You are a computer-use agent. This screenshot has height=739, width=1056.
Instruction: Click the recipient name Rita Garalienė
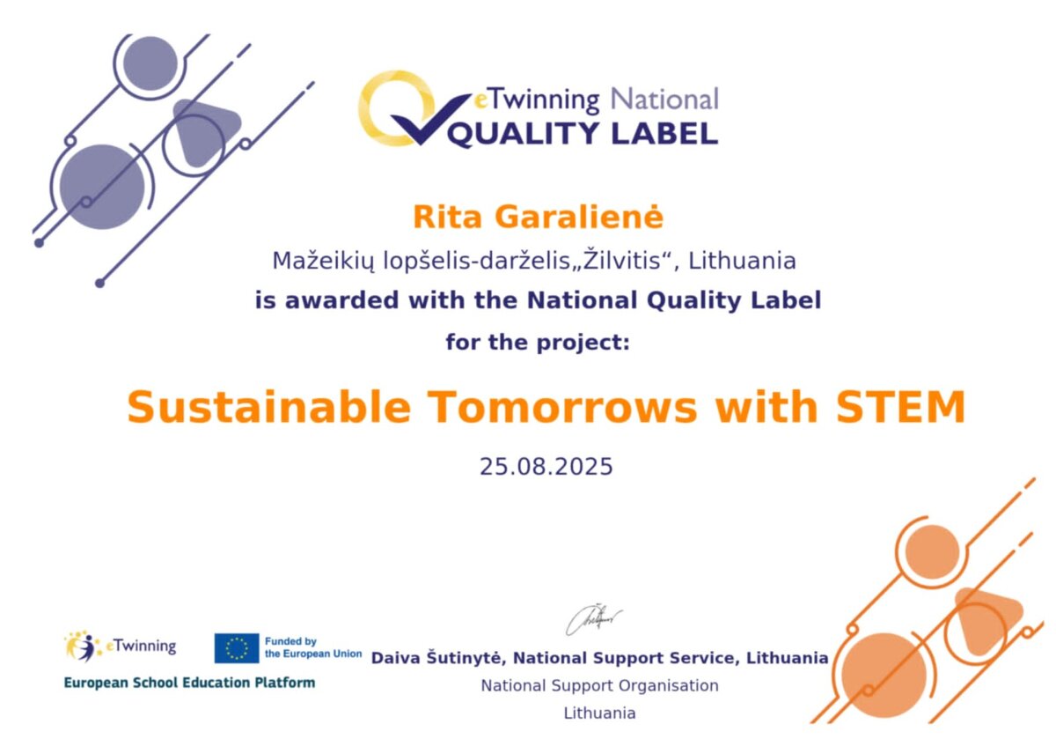tap(538, 217)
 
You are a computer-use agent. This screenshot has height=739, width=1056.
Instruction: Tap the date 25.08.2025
tap(546, 466)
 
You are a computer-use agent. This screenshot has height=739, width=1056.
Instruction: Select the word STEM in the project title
tap(900, 407)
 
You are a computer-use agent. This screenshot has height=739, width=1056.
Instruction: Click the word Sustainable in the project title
tap(268, 407)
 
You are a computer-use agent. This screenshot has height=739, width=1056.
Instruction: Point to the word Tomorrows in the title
tap(562, 407)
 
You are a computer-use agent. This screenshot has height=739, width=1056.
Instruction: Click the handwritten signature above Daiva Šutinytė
tap(593, 619)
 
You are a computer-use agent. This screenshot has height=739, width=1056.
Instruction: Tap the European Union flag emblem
tap(237, 648)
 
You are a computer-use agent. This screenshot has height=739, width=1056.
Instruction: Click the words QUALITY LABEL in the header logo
tap(583, 135)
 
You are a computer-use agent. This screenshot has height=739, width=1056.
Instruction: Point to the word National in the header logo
tap(664, 100)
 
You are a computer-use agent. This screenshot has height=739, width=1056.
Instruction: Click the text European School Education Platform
tap(189, 683)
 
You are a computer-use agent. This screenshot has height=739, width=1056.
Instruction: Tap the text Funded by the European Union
tap(313, 647)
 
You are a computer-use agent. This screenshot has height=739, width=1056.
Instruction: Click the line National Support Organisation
tap(599, 685)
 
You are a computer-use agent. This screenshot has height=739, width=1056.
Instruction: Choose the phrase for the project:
tap(538, 342)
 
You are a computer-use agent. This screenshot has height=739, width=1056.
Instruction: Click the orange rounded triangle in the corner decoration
tap(986, 619)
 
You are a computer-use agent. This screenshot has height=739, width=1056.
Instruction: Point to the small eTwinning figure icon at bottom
tap(83, 646)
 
